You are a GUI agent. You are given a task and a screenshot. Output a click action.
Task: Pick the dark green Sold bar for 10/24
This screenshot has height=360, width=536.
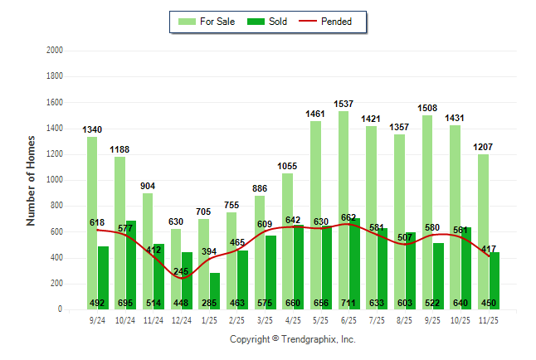click(x=131, y=265)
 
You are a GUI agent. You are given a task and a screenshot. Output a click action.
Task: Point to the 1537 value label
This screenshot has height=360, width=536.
click(x=344, y=104)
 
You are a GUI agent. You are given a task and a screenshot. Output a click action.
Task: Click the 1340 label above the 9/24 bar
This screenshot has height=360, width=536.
click(x=92, y=129)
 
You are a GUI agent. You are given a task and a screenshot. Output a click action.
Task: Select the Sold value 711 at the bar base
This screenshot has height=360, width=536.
click(x=349, y=303)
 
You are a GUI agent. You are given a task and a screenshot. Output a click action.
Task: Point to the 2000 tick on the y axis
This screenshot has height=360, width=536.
click(x=54, y=51)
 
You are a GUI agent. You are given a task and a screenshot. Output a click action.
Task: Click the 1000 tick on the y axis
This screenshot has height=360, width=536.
click(x=54, y=180)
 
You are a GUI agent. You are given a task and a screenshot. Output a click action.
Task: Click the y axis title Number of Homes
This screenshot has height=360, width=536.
click(x=31, y=180)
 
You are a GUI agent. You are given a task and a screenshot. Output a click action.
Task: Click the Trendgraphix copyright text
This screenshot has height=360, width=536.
click(x=292, y=339)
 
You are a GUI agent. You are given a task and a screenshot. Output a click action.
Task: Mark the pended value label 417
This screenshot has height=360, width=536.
click(x=490, y=248)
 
